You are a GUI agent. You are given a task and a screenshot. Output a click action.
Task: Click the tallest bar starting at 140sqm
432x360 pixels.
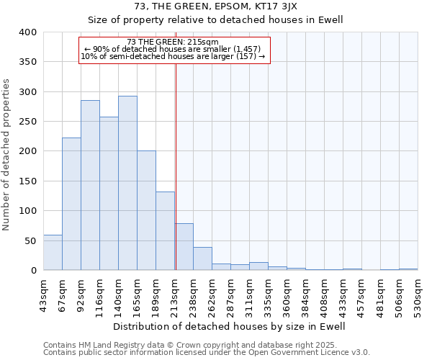click(127, 183)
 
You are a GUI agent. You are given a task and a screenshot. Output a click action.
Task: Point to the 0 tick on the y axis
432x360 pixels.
click(33, 271)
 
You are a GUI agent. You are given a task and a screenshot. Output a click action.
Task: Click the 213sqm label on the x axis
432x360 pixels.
click(174, 292)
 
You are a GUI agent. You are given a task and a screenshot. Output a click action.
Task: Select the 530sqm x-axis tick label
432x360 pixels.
click(418, 292)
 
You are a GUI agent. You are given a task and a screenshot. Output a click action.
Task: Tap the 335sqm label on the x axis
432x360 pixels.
click(268, 292)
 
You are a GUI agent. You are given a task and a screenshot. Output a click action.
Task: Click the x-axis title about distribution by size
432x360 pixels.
click(230, 326)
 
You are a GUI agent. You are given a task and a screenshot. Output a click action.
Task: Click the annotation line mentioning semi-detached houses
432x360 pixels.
click(173, 56)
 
